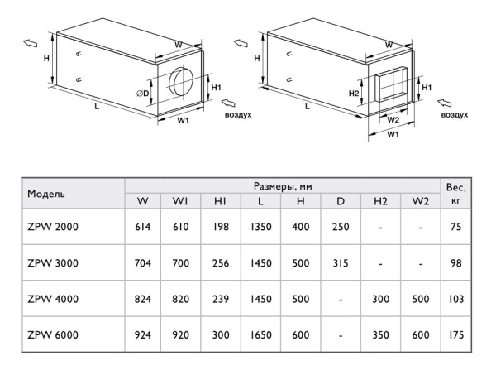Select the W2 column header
coord(421,200)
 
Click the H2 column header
coord(380,200)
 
